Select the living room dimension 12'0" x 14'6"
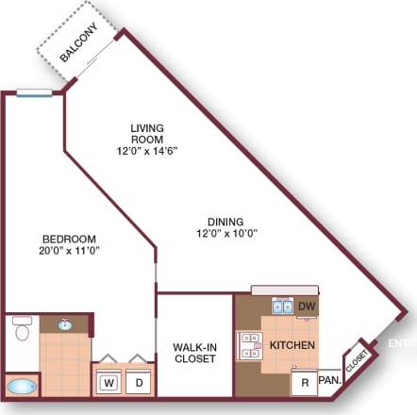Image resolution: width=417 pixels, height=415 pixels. pyautogui.click(x=148, y=150)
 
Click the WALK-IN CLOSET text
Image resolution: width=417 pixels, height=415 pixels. pyautogui.click(x=195, y=353)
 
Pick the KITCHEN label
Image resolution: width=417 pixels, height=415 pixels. pyautogui.click(x=292, y=345)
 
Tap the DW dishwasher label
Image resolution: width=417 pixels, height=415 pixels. pyautogui.click(x=306, y=307)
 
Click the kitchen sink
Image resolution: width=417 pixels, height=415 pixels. pyautogui.click(x=281, y=306)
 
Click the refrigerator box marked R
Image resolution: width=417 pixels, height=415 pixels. pyautogui.click(x=304, y=382)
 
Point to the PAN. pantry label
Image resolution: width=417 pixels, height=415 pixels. pyautogui.click(x=329, y=380)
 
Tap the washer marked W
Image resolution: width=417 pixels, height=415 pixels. pyautogui.click(x=109, y=383)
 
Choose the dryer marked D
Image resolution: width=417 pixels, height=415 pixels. pyautogui.click(x=139, y=383)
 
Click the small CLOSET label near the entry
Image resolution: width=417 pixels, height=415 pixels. pyautogui.click(x=357, y=360)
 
